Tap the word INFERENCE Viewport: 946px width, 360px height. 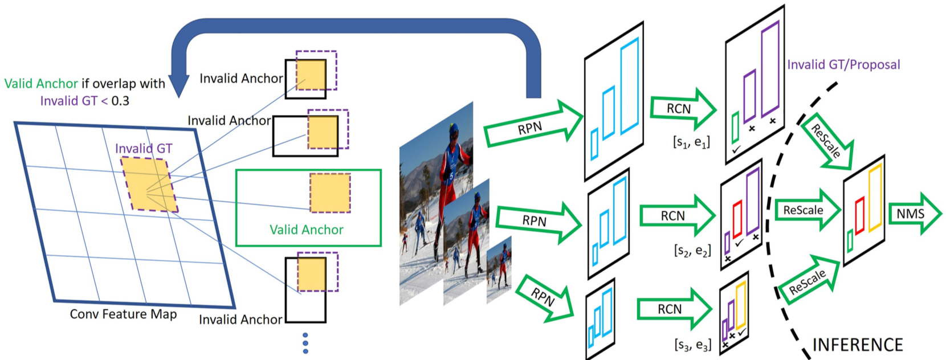point(857,345)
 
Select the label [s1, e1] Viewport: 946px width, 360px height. point(691,142)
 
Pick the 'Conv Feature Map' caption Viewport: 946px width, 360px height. point(123,314)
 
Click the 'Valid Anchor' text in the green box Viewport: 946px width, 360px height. point(306,230)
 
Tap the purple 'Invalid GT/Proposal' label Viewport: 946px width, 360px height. point(843,64)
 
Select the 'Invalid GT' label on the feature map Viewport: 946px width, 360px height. point(144,149)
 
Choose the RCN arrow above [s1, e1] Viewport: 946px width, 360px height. point(681,108)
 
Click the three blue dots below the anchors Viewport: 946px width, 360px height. point(305,343)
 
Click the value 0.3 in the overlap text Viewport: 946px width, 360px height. point(120,101)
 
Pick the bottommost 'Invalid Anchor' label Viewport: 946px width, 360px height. point(240,320)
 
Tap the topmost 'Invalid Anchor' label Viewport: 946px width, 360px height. point(241,78)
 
